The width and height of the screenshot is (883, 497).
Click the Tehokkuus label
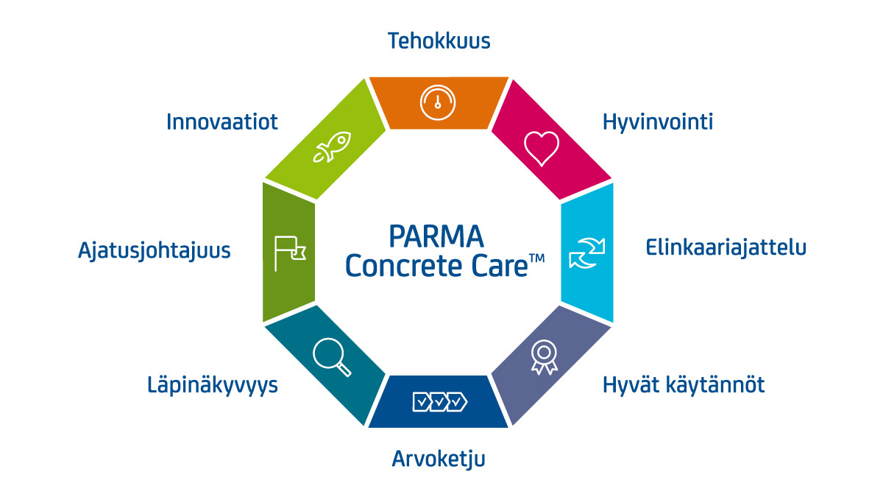pyautogui.click(x=439, y=41)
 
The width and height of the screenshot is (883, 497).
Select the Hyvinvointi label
pyautogui.click(x=657, y=122)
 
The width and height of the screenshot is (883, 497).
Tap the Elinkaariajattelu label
pyautogui.click(x=726, y=247)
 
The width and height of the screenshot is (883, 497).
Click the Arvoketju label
pyautogui.click(x=439, y=459)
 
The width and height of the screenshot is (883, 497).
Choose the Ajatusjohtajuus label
pyautogui.click(x=154, y=250)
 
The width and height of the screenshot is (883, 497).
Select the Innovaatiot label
pyautogui.click(x=222, y=121)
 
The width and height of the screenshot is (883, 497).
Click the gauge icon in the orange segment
pyautogui.click(x=437, y=102)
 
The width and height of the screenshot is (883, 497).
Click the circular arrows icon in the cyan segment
pyautogui.click(x=586, y=252)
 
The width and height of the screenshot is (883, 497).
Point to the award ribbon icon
pyautogui.click(x=543, y=356)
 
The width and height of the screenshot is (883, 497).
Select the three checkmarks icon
pyautogui.click(x=439, y=402)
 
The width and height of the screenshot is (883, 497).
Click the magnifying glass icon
pyautogui.click(x=332, y=356)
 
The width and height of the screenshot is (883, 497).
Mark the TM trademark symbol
pyautogui.click(x=536, y=258)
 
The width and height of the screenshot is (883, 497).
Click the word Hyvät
pyautogui.click(x=631, y=384)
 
